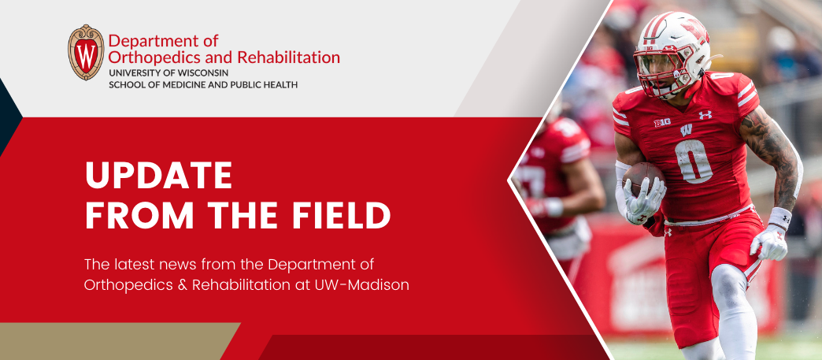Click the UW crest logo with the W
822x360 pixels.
tap(86, 53)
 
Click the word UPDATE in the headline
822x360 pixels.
tap(158, 176)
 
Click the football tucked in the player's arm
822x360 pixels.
tap(642, 179)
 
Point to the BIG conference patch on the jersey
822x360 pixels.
tap(662, 123)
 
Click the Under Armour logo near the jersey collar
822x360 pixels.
tap(705, 114)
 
